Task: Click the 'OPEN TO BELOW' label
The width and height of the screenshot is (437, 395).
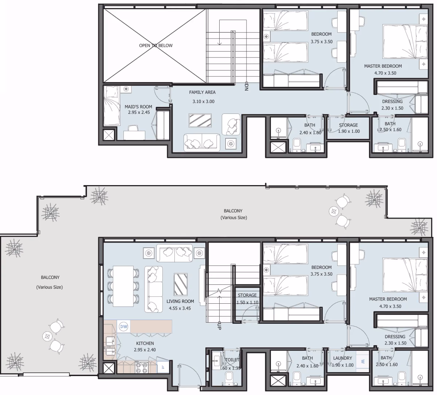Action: pyautogui.click(x=156, y=45)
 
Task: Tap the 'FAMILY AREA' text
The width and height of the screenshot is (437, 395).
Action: pyautogui.click(x=202, y=92)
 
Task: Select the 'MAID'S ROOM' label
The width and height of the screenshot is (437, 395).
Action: pyautogui.click(x=138, y=107)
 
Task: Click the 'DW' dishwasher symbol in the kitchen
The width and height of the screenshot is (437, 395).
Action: pyautogui.click(x=123, y=326)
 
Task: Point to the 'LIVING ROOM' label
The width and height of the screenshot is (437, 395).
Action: pyautogui.click(x=180, y=301)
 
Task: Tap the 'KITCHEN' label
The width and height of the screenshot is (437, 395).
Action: pyautogui.click(x=145, y=343)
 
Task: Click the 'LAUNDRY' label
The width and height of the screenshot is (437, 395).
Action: pyautogui.click(x=342, y=358)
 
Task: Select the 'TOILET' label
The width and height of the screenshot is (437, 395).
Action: pyautogui.click(x=232, y=360)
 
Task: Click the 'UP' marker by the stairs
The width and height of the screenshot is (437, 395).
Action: pyautogui.click(x=219, y=326)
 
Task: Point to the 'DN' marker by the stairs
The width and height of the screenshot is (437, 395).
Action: pyautogui.click(x=247, y=86)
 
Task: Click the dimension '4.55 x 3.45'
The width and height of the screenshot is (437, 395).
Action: pyautogui.click(x=180, y=308)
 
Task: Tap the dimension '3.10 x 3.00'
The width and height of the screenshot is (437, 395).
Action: pyautogui.click(x=204, y=101)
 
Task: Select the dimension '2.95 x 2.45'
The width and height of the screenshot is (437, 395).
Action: pyautogui.click(x=139, y=112)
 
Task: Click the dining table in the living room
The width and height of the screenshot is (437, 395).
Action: pyautogui.click(x=123, y=286)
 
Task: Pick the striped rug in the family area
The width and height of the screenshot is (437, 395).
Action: pyautogui.click(x=200, y=120)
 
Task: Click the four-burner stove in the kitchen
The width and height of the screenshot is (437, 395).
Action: pyautogui.click(x=142, y=368)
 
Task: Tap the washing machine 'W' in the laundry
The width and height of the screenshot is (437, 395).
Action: pyautogui.click(x=363, y=362)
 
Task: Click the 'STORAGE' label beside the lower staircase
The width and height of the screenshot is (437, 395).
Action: pyautogui.click(x=247, y=295)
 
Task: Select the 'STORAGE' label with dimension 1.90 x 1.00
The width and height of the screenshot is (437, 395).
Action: pyautogui.click(x=349, y=125)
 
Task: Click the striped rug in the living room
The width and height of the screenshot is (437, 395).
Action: pyautogui.click(x=181, y=284)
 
